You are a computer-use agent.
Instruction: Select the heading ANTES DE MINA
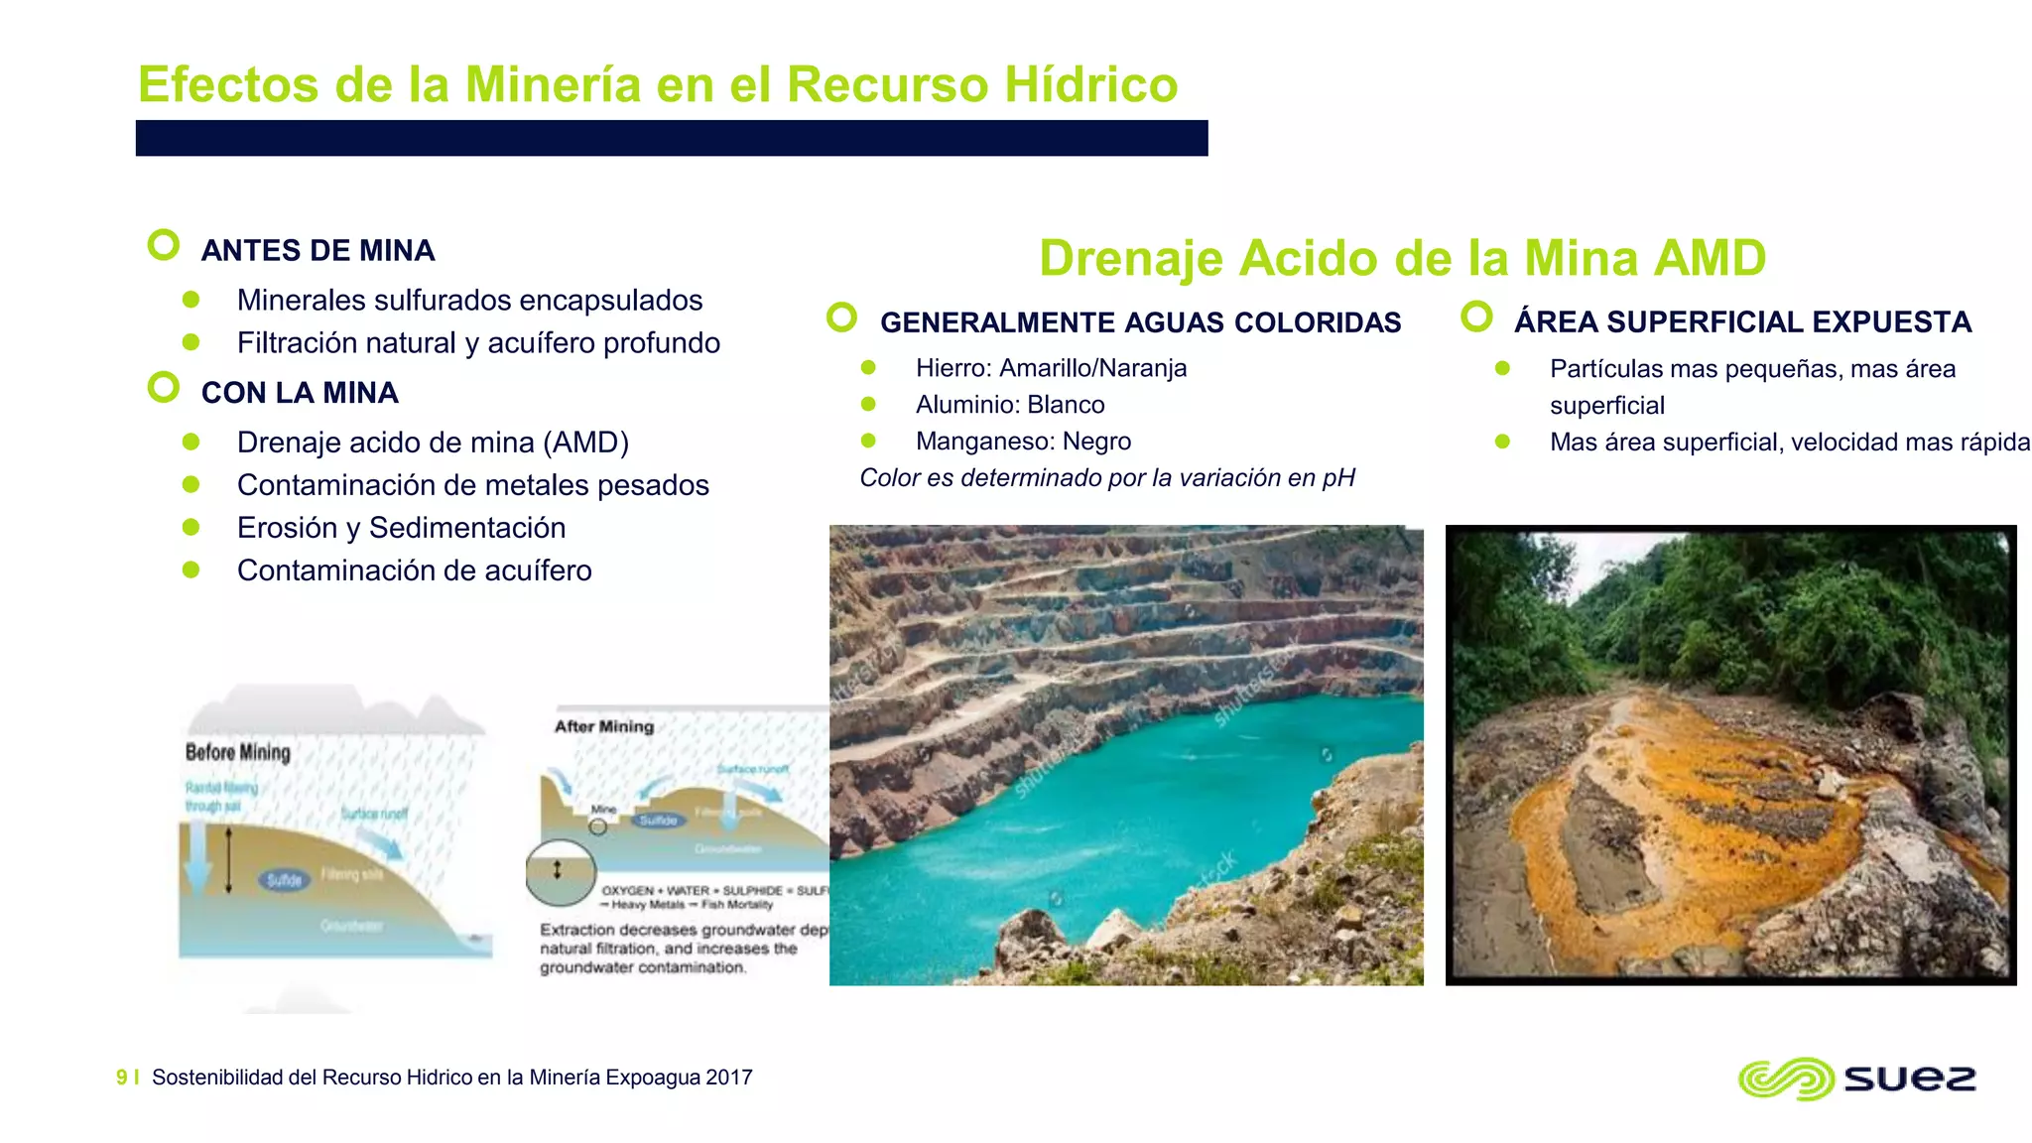click(x=317, y=250)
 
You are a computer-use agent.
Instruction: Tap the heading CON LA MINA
click(x=300, y=393)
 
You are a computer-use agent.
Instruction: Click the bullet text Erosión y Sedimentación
click(x=401, y=528)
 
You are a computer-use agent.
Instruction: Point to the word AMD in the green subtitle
click(x=1711, y=258)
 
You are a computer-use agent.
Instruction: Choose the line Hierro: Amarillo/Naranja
click(x=1051, y=368)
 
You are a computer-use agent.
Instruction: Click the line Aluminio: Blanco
click(x=1009, y=405)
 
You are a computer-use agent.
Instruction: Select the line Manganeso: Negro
click(x=1023, y=442)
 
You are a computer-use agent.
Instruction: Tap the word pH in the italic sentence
click(x=1337, y=478)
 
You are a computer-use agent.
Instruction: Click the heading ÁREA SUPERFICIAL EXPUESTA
click(x=1742, y=322)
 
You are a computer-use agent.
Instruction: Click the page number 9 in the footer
click(x=122, y=1078)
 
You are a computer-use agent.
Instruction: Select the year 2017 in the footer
click(x=729, y=1078)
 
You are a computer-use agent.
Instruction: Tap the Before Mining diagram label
click(x=238, y=752)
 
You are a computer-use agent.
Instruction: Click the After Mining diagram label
click(x=604, y=726)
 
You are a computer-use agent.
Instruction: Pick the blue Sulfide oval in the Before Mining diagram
click(x=284, y=879)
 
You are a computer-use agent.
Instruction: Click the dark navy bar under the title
click(x=672, y=138)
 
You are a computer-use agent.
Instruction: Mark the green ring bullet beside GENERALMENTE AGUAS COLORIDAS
click(x=841, y=317)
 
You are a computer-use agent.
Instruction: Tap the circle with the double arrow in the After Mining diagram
click(x=559, y=871)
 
